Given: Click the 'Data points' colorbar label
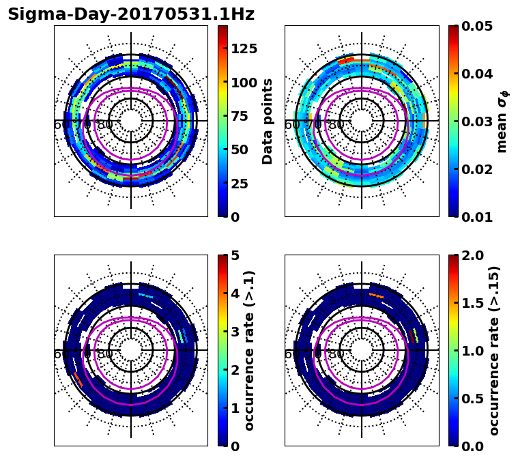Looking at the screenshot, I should click(268, 121).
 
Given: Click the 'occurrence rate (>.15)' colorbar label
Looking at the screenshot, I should click(495, 350).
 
